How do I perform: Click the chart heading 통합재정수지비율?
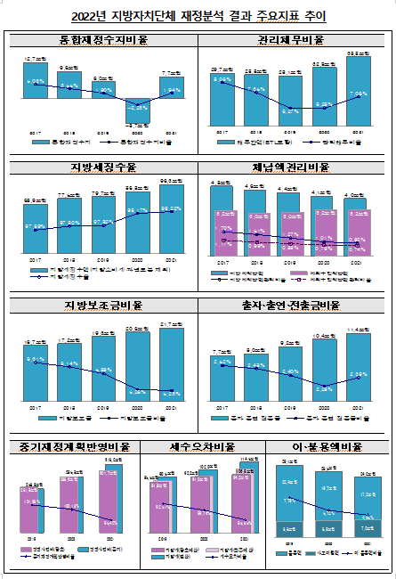102,40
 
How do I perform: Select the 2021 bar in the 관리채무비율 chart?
359,94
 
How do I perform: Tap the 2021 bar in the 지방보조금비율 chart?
172,365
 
